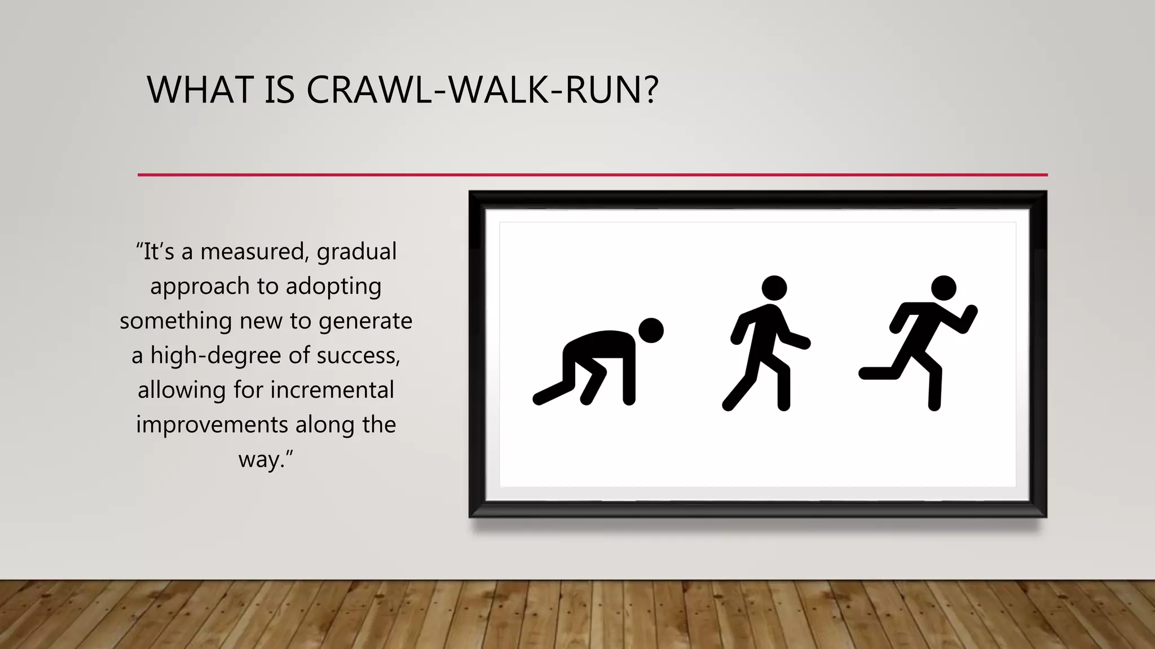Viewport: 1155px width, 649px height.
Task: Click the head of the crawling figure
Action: pyautogui.click(x=651, y=330)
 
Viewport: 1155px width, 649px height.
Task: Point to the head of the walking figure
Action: pyautogui.click(x=774, y=288)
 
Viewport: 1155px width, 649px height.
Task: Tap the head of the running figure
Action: pyautogui.click(x=943, y=288)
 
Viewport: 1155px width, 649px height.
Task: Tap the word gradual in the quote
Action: pyautogui.click(x=356, y=252)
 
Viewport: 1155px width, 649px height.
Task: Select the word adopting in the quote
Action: pyautogui.click(x=333, y=287)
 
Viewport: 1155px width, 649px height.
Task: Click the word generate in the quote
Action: pyautogui.click(x=365, y=321)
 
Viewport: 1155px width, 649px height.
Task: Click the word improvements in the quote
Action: pyautogui.click(x=212, y=425)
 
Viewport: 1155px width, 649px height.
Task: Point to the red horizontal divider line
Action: pyautogui.click(x=592, y=175)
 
